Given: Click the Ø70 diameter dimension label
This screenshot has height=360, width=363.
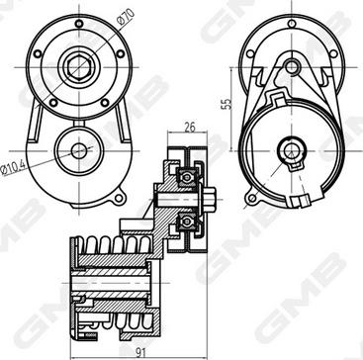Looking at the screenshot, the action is pyautogui.click(x=127, y=17).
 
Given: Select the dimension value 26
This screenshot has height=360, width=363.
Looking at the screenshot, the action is pyautogui.click(x=190, y=127).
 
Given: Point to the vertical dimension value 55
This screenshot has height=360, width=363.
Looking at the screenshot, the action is pyautogui.click(x=227, y=104).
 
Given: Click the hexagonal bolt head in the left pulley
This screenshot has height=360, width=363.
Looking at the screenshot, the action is pyautogui.click(x=79, y=67).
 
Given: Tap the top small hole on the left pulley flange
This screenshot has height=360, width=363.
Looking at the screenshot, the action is pyautogui.click(x=79, y=24).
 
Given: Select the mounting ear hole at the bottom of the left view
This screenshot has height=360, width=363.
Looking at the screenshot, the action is pyautogui.click(x=119, y=198).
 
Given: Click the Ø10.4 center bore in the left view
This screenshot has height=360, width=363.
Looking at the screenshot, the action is pyautogui.click(x=79, y=151).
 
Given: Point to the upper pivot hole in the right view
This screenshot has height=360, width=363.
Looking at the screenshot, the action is pyautogui.click(x=292, y=67).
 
